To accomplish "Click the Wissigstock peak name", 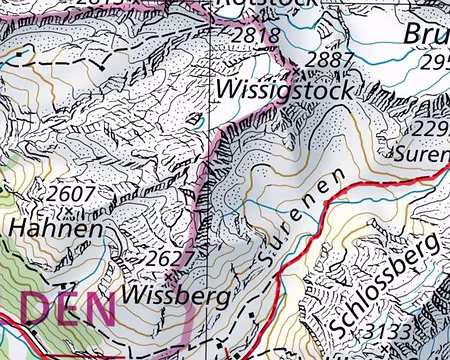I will coord(284,91).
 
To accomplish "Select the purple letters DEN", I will coord(67,309).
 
